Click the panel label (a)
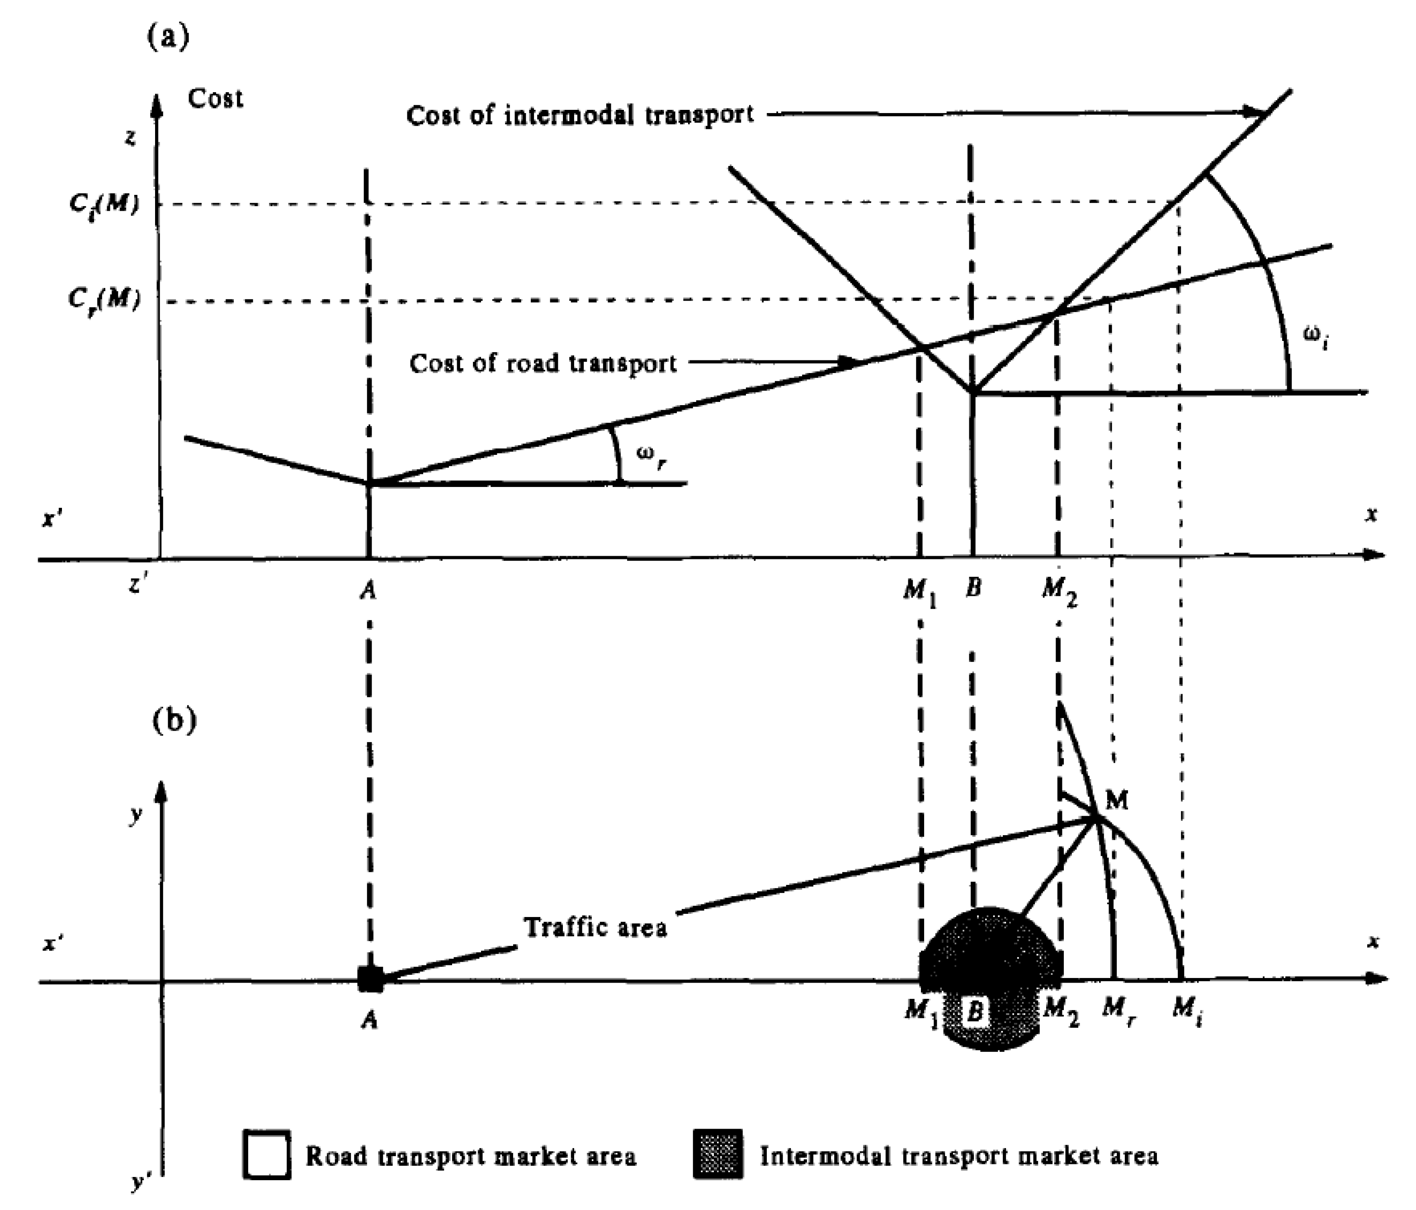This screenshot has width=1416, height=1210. (167, 36)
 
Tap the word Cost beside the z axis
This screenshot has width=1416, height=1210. (215, 99)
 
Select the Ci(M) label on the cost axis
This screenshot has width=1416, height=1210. (104, 204)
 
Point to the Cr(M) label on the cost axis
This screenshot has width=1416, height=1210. (104, 299)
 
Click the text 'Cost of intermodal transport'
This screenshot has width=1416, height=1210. (580, 115)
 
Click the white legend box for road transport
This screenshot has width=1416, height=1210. (267, 1155)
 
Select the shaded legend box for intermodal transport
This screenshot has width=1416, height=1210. (717, 1155)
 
